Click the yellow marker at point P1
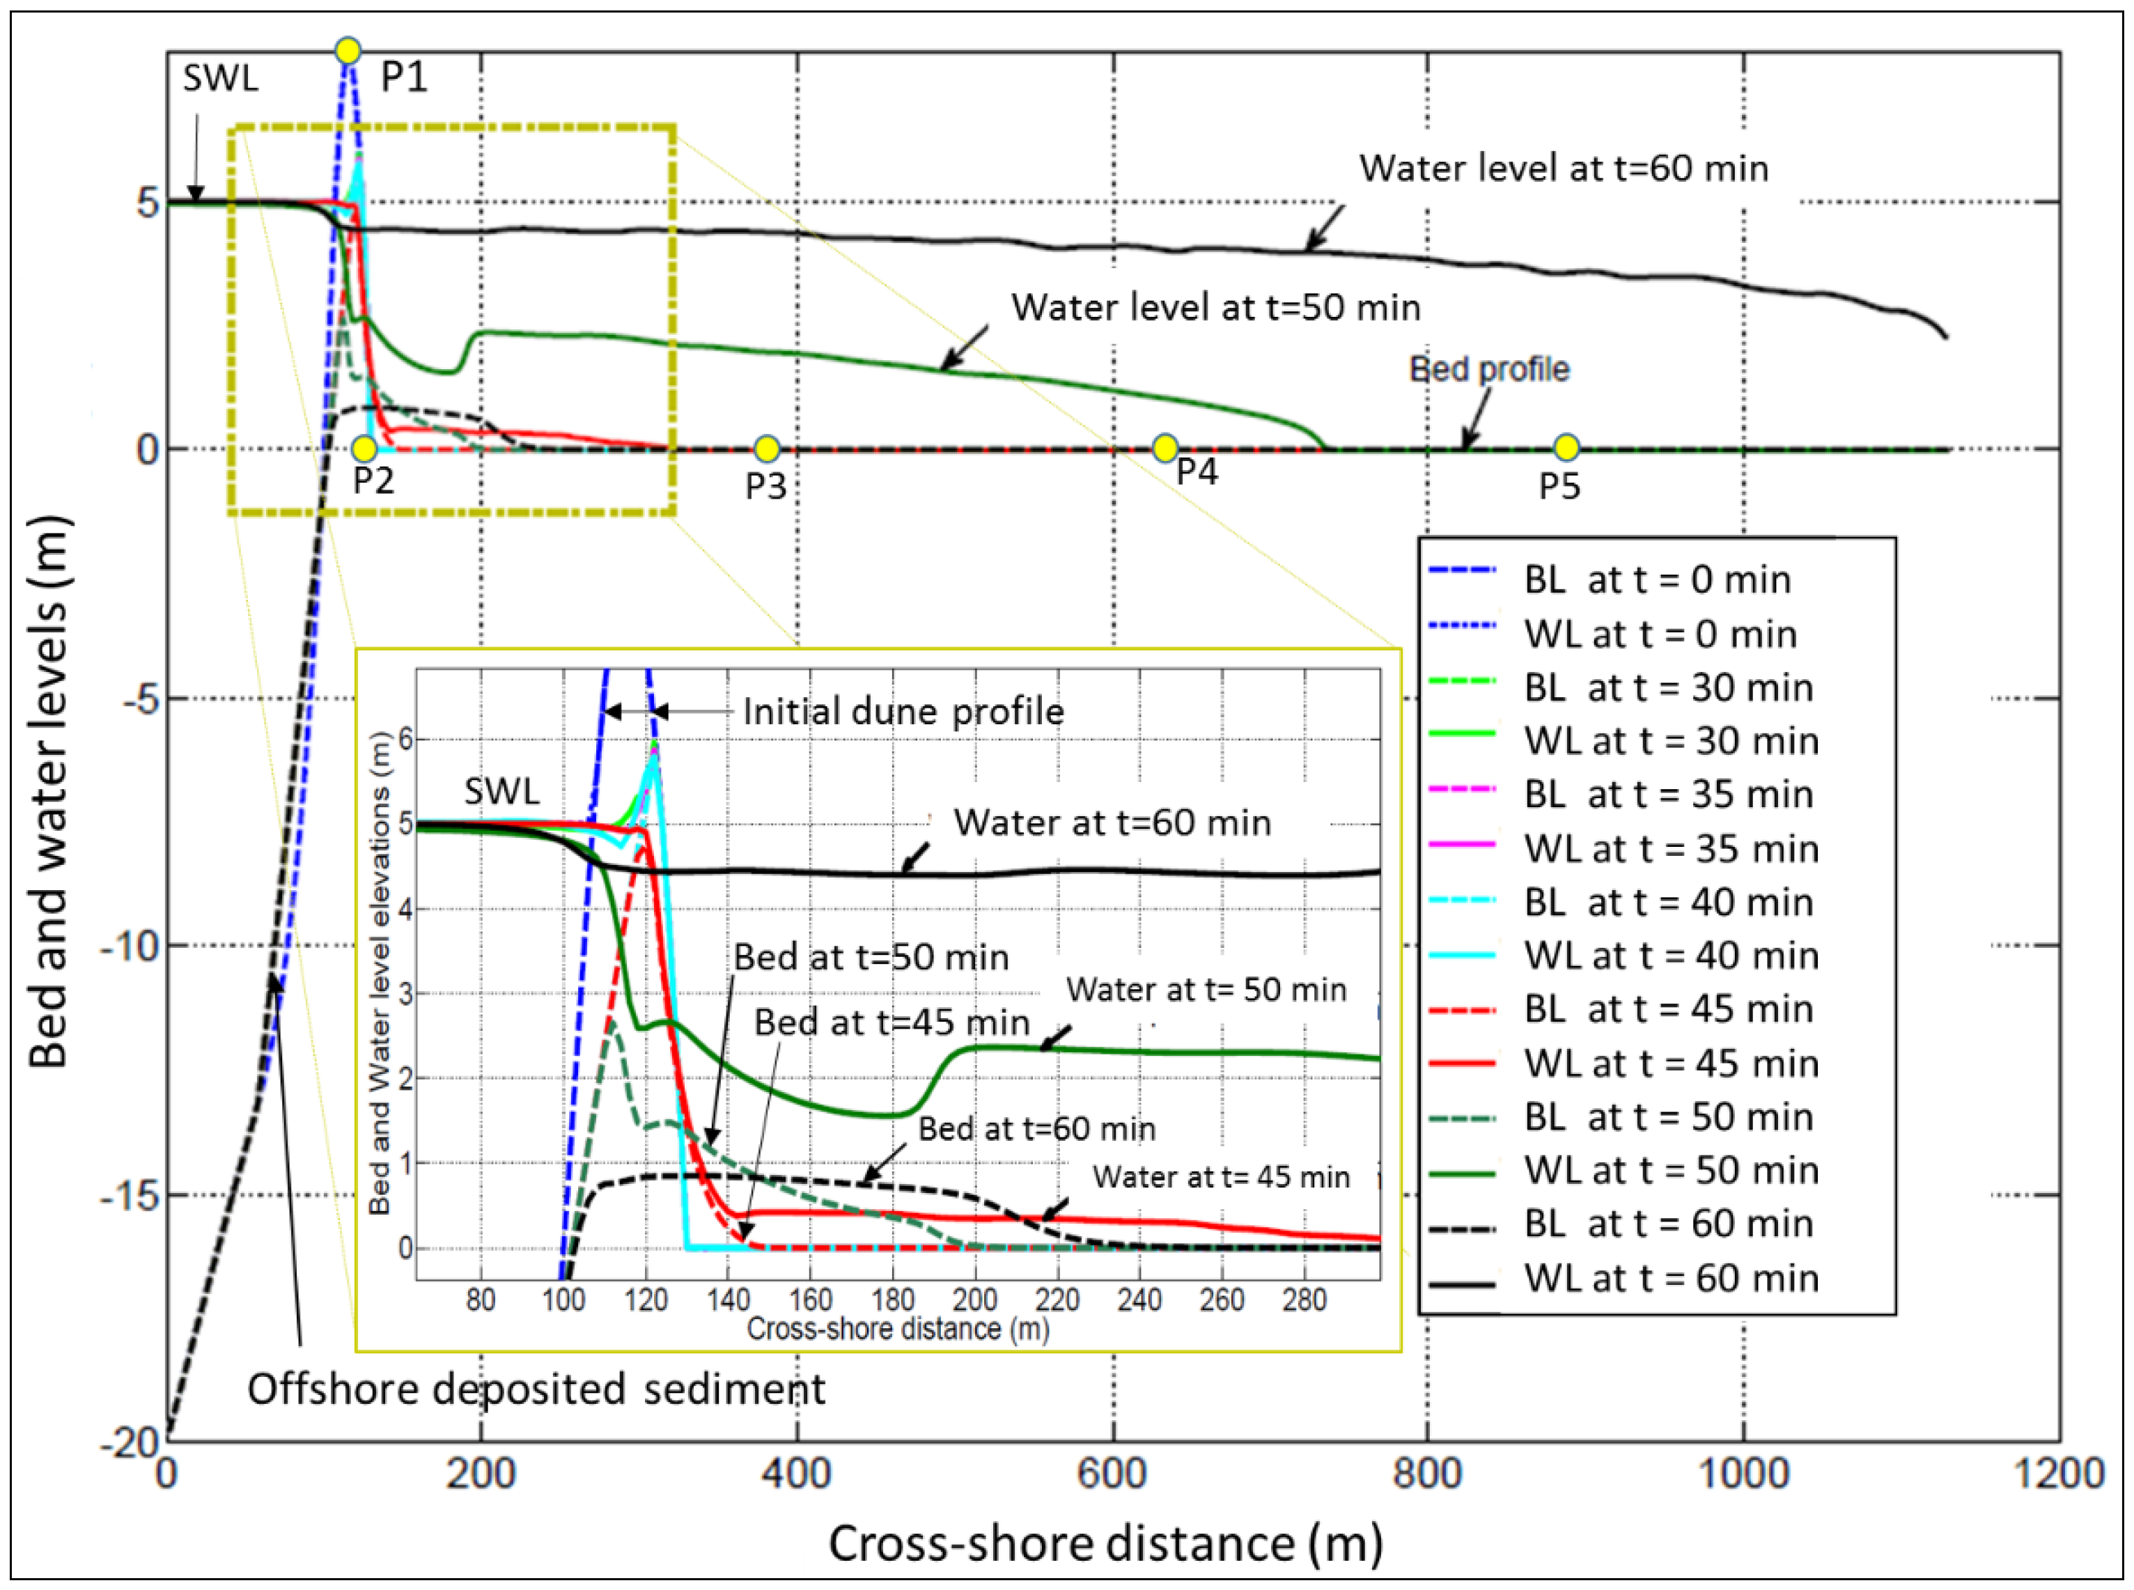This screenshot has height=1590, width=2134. [348, 50]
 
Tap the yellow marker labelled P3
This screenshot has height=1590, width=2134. [766, 449]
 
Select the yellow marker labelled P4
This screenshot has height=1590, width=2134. [1165, 448]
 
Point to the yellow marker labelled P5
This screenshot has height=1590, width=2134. [1566, 448]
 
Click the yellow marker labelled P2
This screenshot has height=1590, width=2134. [364, 449]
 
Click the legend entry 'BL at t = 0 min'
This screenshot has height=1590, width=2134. [1656, 580]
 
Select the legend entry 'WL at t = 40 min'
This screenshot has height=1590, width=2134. [1671, 956]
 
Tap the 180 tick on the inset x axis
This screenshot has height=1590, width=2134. [892, 1300]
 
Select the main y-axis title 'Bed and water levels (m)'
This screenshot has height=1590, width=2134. [49, 793]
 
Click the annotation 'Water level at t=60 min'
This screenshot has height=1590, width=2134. [1563, 169]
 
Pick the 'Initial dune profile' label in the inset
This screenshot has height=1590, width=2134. [903, 712]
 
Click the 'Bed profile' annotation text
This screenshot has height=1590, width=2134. [1489, 370]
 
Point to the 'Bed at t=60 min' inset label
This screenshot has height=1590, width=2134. [1036, 1129]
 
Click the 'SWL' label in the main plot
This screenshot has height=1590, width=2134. [220, 79]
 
